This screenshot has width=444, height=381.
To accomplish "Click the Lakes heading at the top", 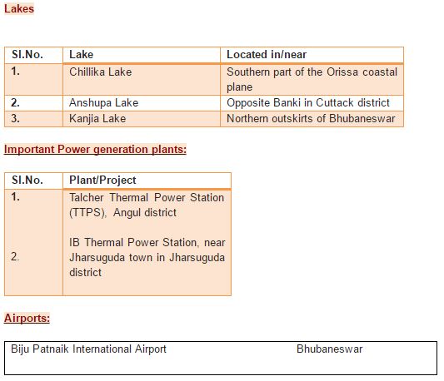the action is tap(19, 9).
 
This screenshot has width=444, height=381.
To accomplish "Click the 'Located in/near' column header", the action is tap(267, 55).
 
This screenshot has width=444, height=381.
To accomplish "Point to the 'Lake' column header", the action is tap(82, 55).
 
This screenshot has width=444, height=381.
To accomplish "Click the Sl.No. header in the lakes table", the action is tap(27, 55).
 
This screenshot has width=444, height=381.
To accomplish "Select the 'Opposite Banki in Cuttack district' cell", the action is tap(308, 102).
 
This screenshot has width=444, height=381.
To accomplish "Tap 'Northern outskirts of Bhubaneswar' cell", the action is tap(311, 118).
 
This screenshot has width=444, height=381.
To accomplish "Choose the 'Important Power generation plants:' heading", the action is tap(96, 150).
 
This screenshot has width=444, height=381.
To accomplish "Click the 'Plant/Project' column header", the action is tap(102, 181).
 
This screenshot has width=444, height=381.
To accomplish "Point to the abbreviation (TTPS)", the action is tap(87, 213).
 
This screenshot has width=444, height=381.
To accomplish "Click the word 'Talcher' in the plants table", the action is tap(87, 197).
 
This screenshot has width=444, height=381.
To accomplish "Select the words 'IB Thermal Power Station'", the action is tap(133, 242).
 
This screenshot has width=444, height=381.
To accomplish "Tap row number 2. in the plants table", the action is tap(15, 256).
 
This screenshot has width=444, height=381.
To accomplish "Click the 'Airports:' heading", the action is tap(27, 319).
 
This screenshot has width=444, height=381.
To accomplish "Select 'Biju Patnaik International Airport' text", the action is tap(88, 349).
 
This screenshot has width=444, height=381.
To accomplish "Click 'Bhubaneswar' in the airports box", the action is tap(330, 349).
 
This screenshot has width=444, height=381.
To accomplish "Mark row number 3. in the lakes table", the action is tap(15, 118).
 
